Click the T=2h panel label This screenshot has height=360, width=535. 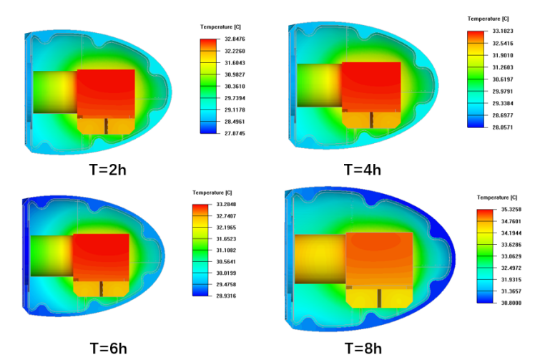(x=104, y=170)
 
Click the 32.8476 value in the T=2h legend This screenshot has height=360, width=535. (x=237, y=39)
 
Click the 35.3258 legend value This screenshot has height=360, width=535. (x=509, y=210)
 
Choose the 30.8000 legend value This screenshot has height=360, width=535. (x=509, y=303)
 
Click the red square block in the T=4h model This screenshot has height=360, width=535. (x=370, y=84)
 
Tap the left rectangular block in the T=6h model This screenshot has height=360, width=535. (x=51, y=256)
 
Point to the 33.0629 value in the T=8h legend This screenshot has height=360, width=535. (x=509, y=256)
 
